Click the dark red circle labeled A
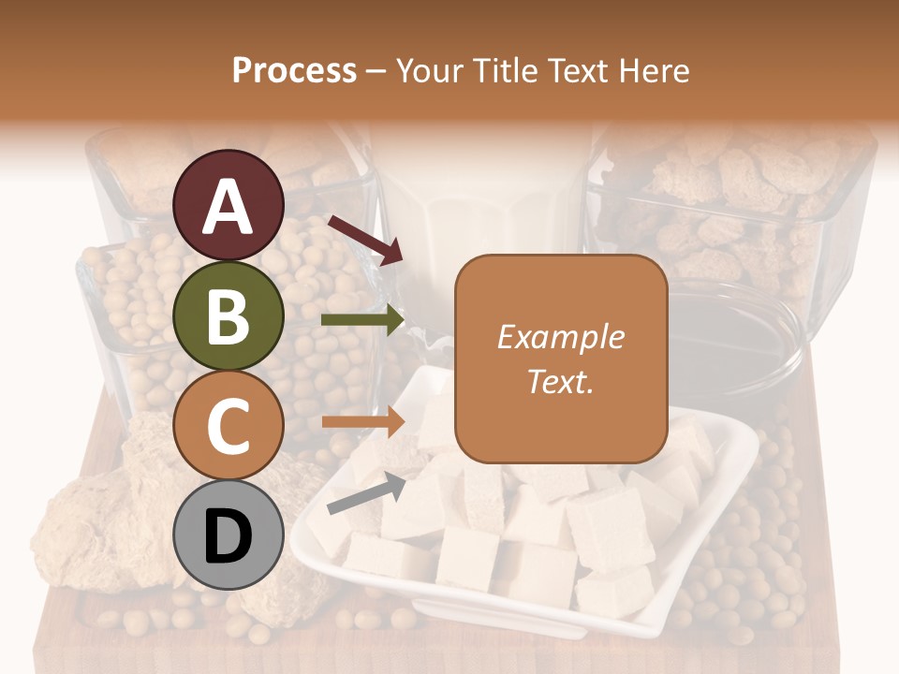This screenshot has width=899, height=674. coord(228,205)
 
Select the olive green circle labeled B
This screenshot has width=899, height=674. coord(228,315)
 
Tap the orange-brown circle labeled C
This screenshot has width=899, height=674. coord(228,425)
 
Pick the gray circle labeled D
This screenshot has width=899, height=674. coord(228,535)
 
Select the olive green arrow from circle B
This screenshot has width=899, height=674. coord(362,320)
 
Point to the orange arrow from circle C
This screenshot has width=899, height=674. coord(362,422)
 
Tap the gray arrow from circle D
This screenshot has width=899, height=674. coord(366,493)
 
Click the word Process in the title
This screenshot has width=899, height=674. coord(294,70)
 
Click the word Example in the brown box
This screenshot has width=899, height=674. coord(561,337)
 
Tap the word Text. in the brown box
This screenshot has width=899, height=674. coord(561,381)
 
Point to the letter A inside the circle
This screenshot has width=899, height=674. coord(228,206)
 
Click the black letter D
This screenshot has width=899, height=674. coord(228,536)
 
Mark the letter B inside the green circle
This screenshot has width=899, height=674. coord(228,316)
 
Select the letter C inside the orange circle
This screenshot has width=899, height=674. coord(228,426)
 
